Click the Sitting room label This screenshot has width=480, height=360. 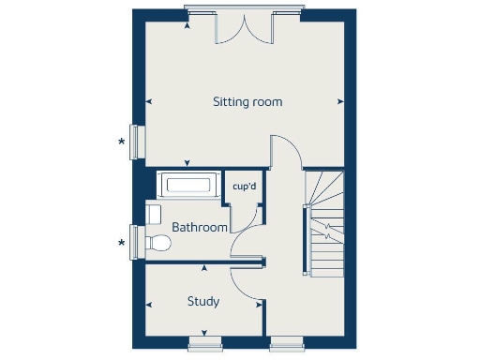tap(247, 101)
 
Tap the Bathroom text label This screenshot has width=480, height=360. tap(200, 228)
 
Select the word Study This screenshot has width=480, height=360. tap(203, 301)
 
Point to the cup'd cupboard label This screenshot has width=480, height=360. tap(245, 187)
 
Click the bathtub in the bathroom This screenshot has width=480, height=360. tap(188, 185)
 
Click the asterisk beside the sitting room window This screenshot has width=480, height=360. tap(121, 142)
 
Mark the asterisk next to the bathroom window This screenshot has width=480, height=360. tap(121, 244)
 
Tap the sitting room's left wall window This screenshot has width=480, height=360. tap(136, 142)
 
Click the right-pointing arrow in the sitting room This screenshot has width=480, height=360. tap(339, 100)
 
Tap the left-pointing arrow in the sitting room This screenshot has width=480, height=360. tap(148, 100)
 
